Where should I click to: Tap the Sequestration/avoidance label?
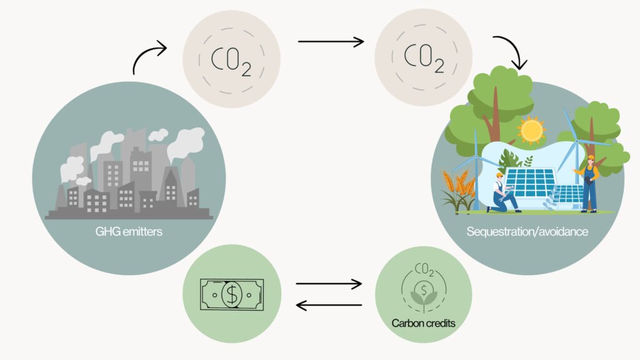click(x=526, y=232)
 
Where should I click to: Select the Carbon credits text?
click(x=423, y=323)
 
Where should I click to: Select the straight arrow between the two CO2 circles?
click(x=331, y=42)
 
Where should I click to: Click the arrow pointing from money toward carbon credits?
click(x=329, y=284)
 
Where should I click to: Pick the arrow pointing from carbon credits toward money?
click(x=329, y=305)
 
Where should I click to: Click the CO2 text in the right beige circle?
click(x=423, y=57)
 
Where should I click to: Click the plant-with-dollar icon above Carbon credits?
click(x=423, y=292)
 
